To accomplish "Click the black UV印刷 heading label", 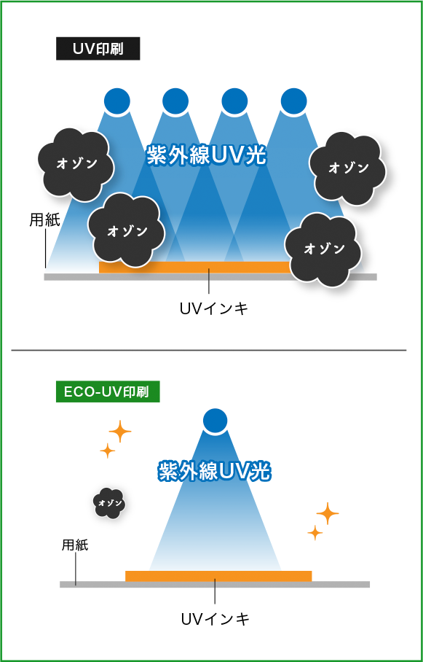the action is [98, 49].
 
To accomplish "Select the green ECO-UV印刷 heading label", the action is [108, 392].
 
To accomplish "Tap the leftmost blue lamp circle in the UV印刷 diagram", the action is [117, 101].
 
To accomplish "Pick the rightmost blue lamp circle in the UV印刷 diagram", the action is [294, 101].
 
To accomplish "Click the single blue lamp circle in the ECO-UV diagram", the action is [215, 421].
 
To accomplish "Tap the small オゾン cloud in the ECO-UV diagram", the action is [109, 503].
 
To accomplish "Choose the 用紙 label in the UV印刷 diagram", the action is [44, 220].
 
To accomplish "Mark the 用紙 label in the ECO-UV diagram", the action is [75, 545].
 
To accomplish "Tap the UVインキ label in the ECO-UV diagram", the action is [216, 620].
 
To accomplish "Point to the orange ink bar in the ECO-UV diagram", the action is [218, 576].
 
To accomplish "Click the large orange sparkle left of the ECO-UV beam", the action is [120, 432].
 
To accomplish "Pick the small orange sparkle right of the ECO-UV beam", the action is [315, 533].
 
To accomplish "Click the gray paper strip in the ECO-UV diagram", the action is [215, 584].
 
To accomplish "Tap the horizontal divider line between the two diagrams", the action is [209, 350].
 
